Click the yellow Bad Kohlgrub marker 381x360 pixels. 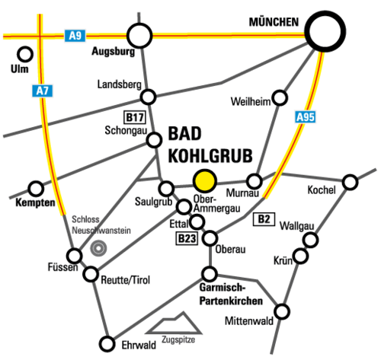coord(205,180)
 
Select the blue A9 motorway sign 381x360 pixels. coord(75,36)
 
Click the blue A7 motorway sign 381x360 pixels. coord(43,91)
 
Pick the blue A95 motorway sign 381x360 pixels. coord(306,117)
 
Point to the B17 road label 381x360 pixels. coord(135,117)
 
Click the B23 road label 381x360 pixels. coord(187,238)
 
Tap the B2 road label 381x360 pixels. coord(264,219)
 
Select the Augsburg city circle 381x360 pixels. coord(139,36)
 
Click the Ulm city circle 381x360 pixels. coord(25,54)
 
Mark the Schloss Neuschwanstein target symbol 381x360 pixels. coord(98,248)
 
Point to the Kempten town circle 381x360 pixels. coord(36,189)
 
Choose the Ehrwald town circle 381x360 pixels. coord(107,344)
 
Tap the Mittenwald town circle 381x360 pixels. coord(282,311)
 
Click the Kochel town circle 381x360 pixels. coord(351,182)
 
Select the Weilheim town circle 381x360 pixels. coord(280,98)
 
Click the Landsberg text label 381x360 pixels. coord(120,84)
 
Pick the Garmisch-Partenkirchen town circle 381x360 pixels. coord(210,274)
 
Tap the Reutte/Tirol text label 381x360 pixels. coord(126,280)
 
